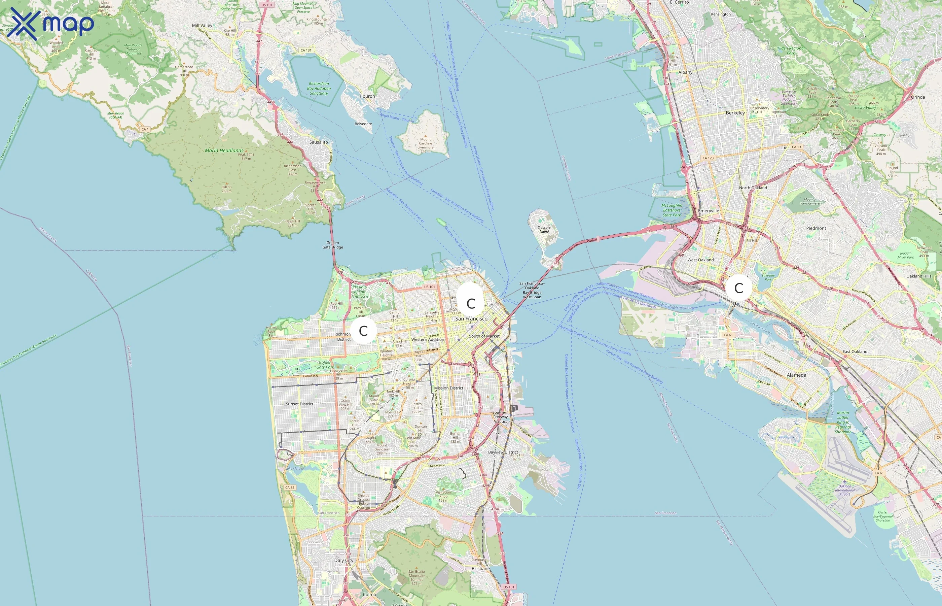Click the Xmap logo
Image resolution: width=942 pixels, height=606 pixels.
(50, 24)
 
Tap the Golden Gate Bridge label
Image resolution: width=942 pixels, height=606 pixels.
(333, 245)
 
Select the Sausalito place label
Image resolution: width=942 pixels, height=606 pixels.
(319, 142)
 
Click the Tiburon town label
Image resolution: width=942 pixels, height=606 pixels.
(367, 96)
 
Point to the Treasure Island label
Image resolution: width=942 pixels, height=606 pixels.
(544, 229)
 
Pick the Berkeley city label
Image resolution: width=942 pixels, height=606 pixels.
(735, 113)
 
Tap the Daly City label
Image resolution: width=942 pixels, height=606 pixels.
(343, 560)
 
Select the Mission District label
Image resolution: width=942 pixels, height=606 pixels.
(448, 388)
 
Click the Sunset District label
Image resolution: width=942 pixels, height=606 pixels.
(299, 404)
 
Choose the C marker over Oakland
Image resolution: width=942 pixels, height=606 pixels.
(739, 288)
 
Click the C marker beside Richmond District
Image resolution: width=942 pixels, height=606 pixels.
(363, 331)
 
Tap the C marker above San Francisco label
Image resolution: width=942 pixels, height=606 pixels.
(471, 303)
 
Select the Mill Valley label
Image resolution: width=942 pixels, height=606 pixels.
(202, 26)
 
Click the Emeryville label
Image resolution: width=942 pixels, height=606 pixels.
(709, 211)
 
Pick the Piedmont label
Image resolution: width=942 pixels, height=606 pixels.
(816, 228)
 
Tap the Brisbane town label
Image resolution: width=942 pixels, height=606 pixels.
(481, 569)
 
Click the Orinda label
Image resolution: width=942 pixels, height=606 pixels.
(918, 97)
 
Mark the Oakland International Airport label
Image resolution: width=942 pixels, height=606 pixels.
(844, 490)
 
